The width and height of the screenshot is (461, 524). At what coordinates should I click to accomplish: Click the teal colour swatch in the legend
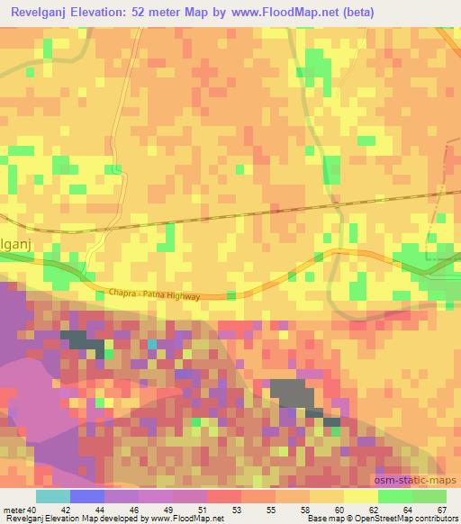click(53, 496)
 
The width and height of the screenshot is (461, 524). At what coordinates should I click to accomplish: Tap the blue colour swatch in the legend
click(87, 496)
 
